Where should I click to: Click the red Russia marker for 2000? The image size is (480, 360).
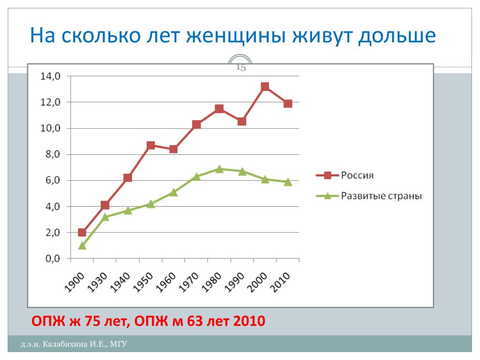tap(265, 87)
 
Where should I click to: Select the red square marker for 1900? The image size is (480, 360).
tap(82, 232)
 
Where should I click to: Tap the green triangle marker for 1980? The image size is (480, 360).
tap(219, 169)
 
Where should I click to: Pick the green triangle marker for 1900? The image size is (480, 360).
tap(82, 246)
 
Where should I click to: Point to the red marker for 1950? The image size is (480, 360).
tap(150, 145)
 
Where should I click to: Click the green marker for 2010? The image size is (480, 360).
tap(288, 182)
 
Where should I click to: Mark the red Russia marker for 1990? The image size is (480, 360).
tap(242, 121)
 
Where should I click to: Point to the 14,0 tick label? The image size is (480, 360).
tap(51, 76)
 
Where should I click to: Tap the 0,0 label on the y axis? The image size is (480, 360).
tap(53, 259)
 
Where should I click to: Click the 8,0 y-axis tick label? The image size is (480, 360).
tap(53, 154)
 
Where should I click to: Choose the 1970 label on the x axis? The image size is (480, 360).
tap(188, 282)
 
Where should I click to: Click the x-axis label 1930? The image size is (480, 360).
tap(97, 282)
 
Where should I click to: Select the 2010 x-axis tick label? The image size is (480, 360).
tap(280, 282)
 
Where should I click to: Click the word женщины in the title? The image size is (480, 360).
tap(236, 36)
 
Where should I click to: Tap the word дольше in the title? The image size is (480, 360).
tap(397, 36)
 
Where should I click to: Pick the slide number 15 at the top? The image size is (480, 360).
tap(241, 67)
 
